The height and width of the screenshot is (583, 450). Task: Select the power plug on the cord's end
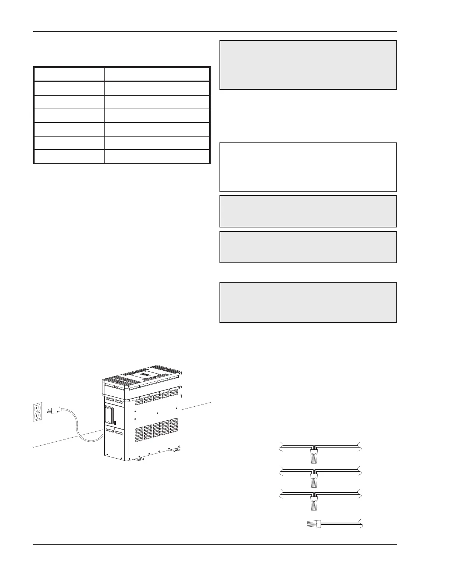[x=52, y=409]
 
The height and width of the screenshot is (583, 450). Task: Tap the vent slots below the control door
[x=114, y=432]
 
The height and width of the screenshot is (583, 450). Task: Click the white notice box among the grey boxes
[x=308, y=167]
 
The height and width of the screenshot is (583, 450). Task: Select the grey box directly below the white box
[x=308, y=211]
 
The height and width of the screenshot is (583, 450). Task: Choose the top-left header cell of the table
[x=69, y=74]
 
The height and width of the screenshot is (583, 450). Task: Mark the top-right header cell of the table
[x=157, y=74]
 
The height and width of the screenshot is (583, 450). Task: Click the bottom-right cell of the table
[x=157, y=156]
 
